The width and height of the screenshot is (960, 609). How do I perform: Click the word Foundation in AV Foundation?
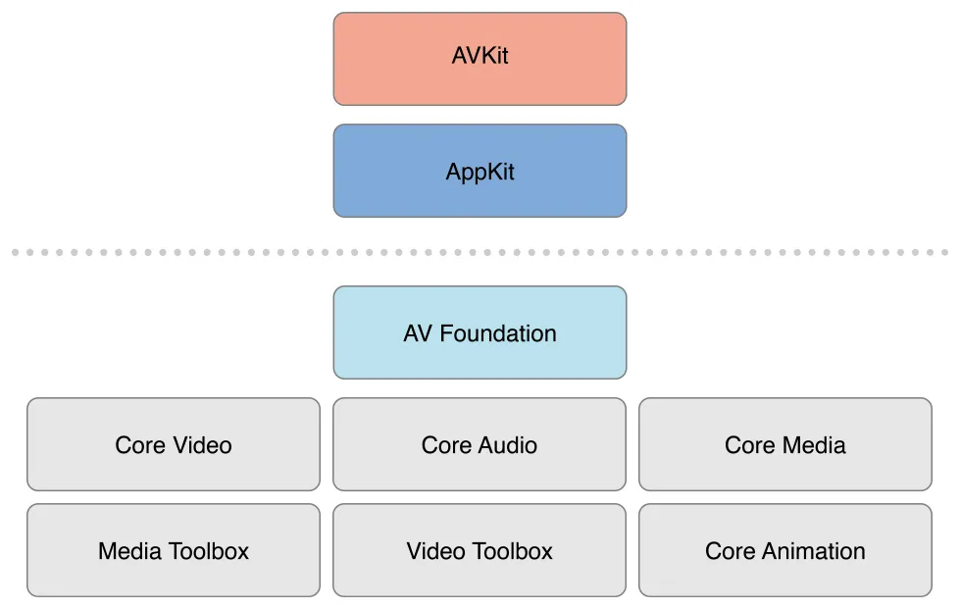pos(498,333)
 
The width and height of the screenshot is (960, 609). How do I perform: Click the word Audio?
pos(508,445)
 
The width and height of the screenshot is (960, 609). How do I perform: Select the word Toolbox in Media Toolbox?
pos(211,551)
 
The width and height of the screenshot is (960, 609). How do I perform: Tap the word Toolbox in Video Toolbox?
pos(516,551)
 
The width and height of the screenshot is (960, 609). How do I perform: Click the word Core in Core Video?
pos(139,445)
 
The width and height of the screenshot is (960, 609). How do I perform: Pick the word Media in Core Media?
pos(814,445)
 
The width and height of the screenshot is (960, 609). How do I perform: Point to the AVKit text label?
pos(480,56)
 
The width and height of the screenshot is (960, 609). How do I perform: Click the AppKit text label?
pos(480,173)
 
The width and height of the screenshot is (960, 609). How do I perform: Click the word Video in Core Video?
pos(201,445)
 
